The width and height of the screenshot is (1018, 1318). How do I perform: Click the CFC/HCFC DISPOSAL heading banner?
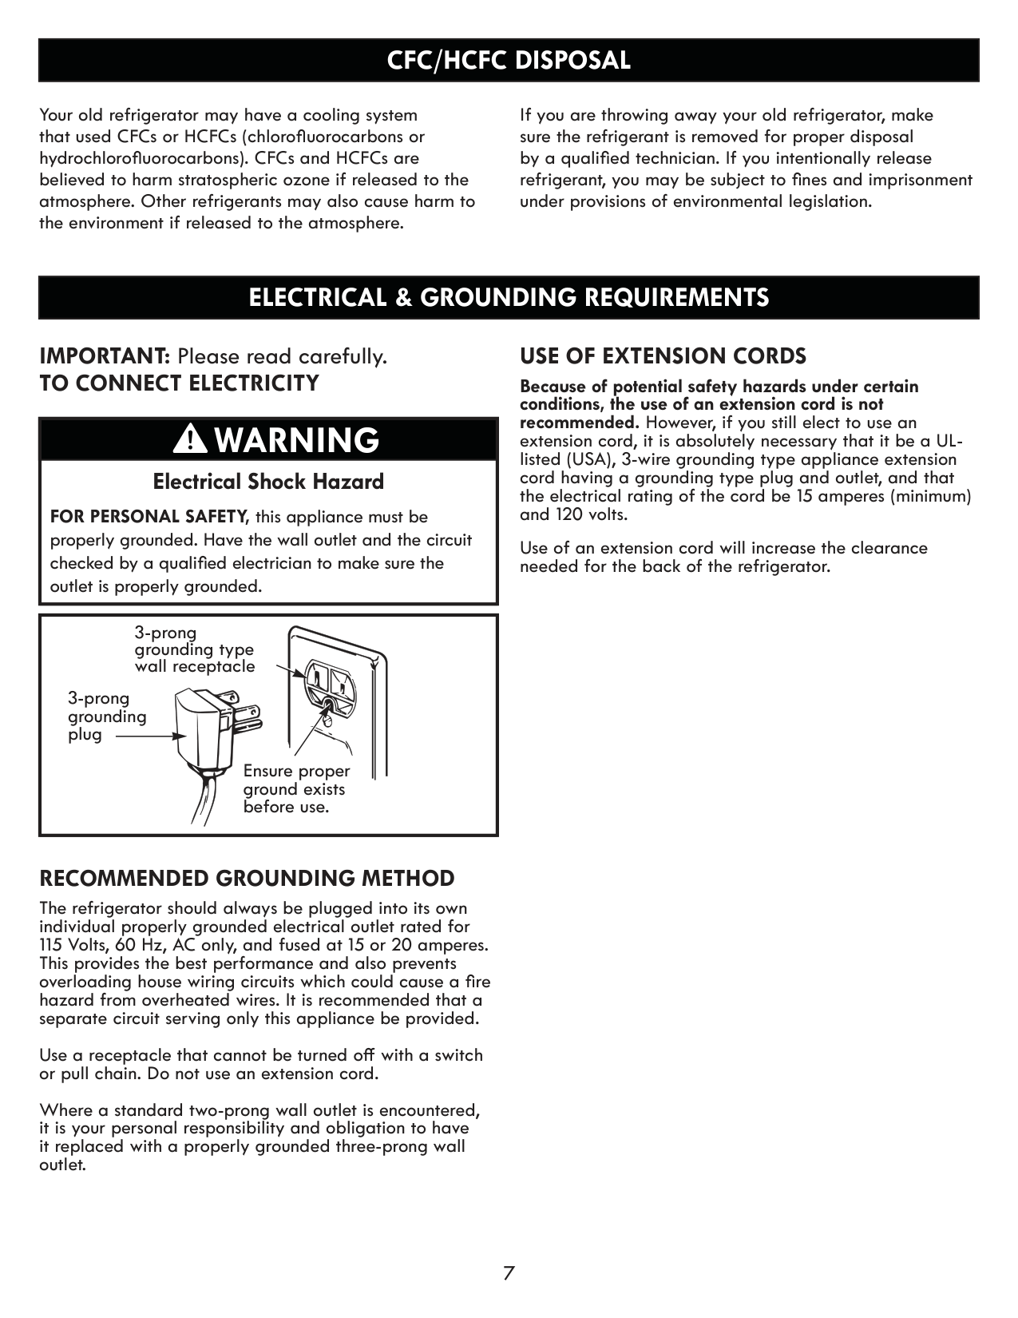point(509,60)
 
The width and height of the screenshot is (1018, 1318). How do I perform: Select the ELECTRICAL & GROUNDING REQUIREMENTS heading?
point(509,297)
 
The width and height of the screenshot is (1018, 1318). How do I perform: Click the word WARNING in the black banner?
point(297,439)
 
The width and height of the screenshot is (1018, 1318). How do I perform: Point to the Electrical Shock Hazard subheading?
point(268,482)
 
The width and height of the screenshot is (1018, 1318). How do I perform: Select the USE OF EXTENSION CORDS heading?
point(663,355)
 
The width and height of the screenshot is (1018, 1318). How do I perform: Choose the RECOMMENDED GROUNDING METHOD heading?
point(247,879)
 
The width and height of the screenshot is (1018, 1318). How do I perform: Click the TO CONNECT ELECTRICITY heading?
point(180,383)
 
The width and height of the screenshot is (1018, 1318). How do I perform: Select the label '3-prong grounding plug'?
point(107,717)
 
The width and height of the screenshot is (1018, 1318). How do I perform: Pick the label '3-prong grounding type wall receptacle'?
point(194,650)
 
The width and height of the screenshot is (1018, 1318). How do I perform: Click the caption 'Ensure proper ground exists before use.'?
point(296,789)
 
